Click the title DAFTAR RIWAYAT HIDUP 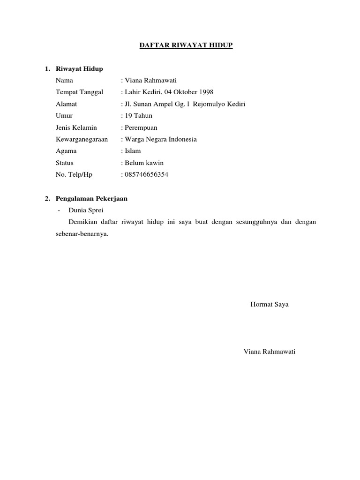(180, 45)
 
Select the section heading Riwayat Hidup (79, 69)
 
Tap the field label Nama (64, 81)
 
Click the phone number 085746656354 (146, 174)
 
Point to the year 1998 (205, 92)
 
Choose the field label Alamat (66, 104)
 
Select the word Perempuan (141, 127)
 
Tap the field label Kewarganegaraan (82, 139)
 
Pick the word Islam (132, 151)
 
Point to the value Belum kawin (143, 163)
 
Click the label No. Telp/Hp (74, 174)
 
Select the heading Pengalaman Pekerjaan (91, 199)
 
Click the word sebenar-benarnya (82, 234)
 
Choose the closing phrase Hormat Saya (270, 304)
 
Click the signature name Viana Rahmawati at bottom (270, 352)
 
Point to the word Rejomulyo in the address (208, 104)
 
